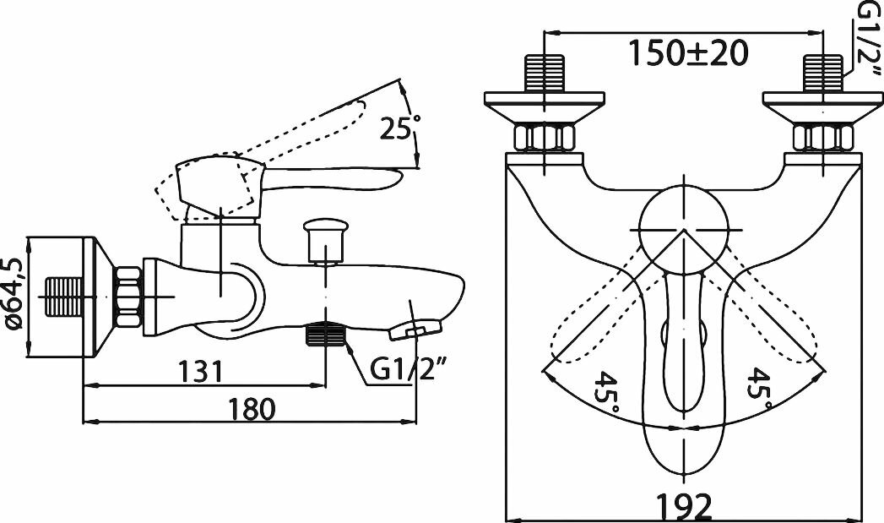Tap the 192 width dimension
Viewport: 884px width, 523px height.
685,506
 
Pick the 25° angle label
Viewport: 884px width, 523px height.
397,129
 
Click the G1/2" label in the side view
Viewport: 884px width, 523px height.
408,369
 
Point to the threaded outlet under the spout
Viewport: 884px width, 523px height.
325,336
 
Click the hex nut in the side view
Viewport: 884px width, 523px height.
129,297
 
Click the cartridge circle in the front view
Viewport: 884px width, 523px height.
683,228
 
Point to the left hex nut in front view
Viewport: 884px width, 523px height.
545,136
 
